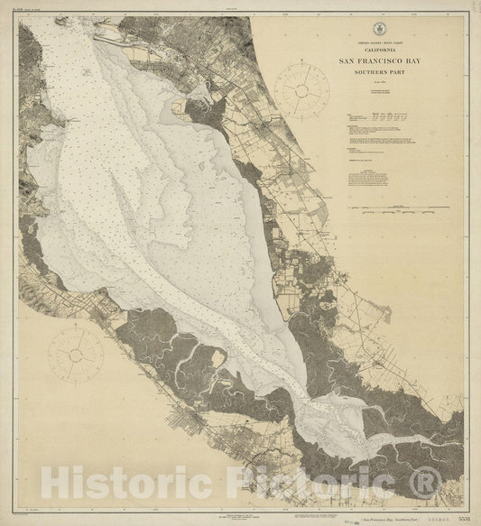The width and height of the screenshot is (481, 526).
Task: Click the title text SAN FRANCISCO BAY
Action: (x=391, y=61)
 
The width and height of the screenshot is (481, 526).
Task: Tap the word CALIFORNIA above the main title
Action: (x=391, y=51)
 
